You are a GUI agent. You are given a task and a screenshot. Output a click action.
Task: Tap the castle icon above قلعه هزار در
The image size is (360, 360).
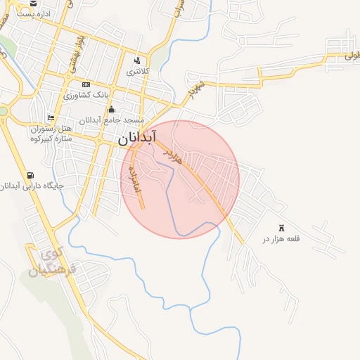click(283, 227)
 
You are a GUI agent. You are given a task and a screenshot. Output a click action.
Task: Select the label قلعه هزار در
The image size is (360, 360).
click(281, 239)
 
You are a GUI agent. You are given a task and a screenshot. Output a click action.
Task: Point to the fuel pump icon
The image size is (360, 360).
click(30, 175)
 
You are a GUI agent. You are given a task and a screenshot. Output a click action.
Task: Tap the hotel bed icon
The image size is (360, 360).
click(50, 117)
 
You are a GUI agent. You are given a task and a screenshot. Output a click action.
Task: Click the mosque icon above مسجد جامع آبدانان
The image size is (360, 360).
click(111, 109)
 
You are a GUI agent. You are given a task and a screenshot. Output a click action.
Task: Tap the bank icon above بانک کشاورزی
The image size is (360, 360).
click(86, 84)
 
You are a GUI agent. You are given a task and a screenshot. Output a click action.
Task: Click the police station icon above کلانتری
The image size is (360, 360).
click(136, 60)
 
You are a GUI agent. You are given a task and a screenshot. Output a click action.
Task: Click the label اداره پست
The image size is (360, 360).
click(29, 13)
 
